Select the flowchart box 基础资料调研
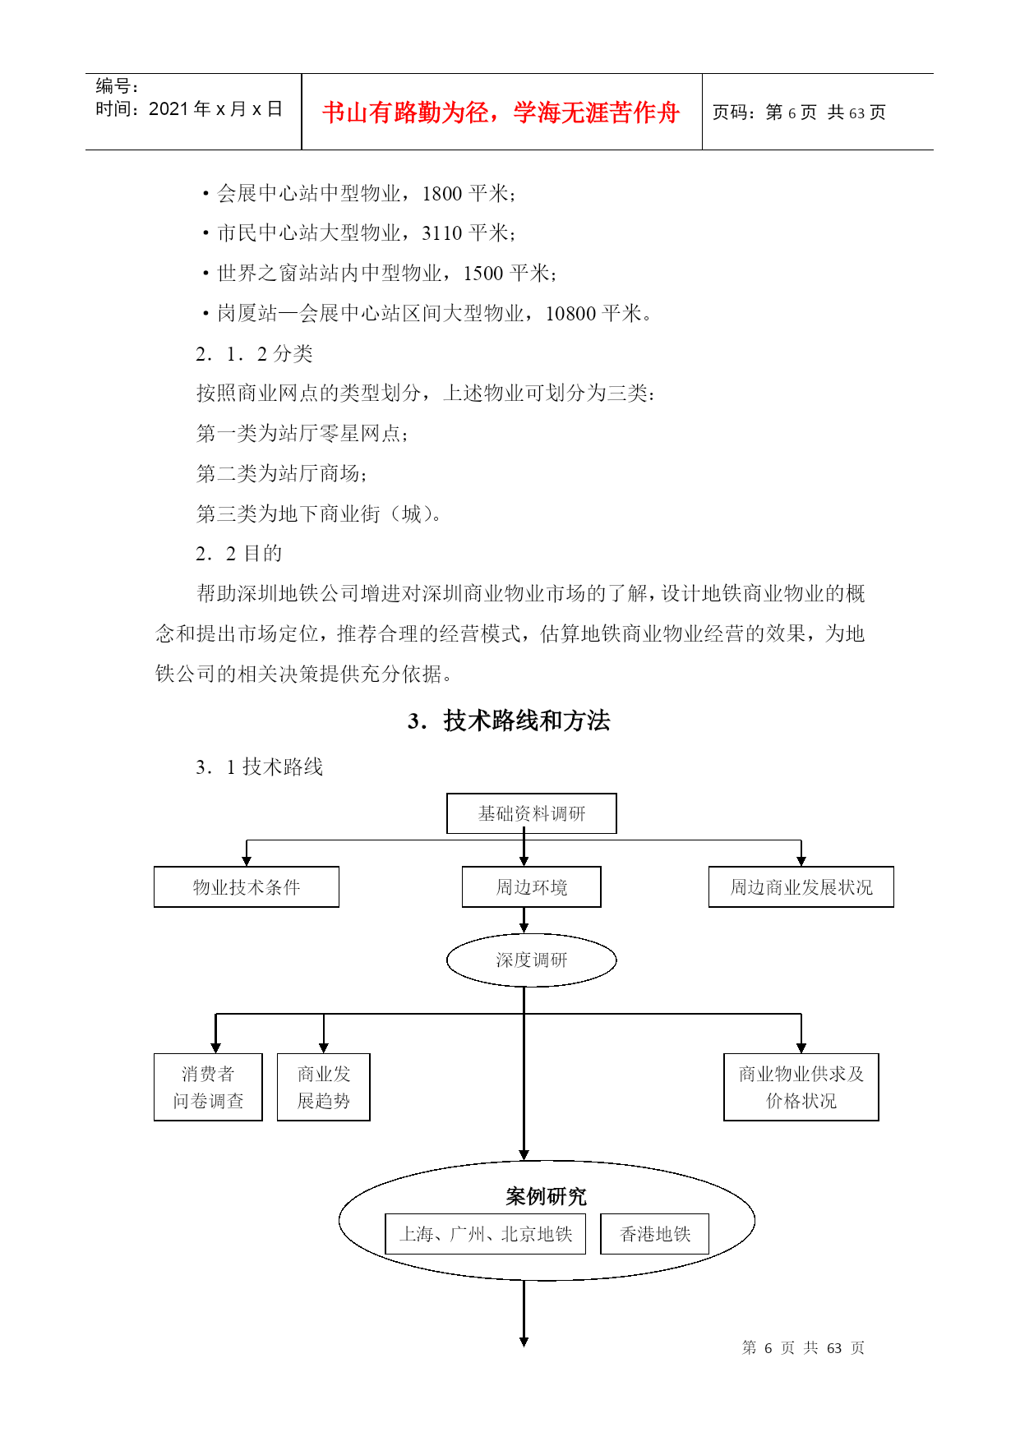[531, 813]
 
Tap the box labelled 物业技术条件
[246, 886]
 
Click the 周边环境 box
[531, 886]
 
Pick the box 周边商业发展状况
[801, 886]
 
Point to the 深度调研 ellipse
[531, 960]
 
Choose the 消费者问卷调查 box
[208, 1087]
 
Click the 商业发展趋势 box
[323, 1087]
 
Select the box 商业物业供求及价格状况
[801, 1087]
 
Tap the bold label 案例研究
[547, 1196]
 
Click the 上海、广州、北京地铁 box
[485, 1234]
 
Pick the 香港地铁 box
[654, 1234]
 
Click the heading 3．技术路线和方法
[509, 720]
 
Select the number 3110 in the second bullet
[442, 233]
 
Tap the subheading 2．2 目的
[239, 554]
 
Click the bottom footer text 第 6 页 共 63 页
[803, 1347]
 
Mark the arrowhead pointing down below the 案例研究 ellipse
[524, 1342]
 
